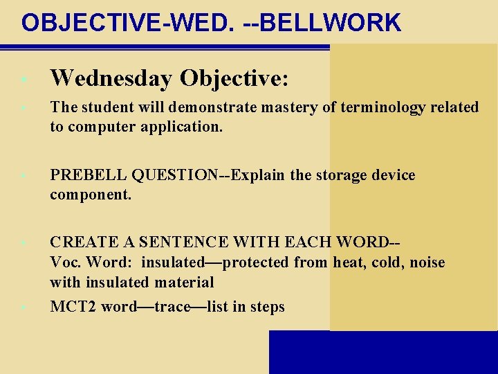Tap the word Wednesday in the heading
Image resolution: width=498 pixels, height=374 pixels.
click(x=111, y=78)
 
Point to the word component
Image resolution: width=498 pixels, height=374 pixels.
click(x=90, y=195)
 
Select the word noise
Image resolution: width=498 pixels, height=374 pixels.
click(x=427, y=262)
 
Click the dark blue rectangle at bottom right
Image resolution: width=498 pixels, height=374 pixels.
click(x=383, y=352)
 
